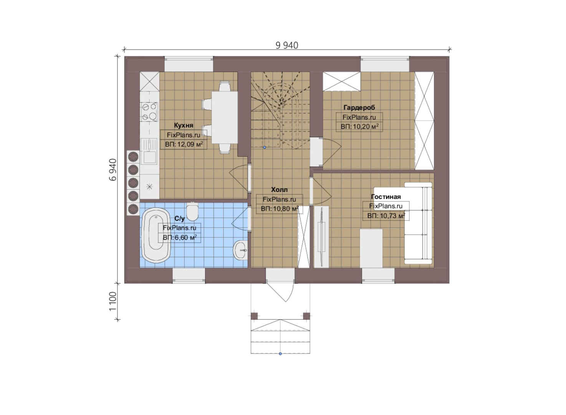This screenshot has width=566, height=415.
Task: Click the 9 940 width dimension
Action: click(x=287, y=45)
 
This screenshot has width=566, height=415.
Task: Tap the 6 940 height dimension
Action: click(x=113, y=170)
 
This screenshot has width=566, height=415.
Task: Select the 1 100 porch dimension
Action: click(x=113, y=301)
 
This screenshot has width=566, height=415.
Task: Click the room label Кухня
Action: click(x=184, y=125)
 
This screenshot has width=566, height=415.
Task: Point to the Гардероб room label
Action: click(x=359, y=108)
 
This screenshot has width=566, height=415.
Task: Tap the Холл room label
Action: click(x=279, y=190)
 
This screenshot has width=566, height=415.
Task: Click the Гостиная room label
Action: click(x=386, y=196)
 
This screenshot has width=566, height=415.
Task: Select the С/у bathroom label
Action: click(x=180, y=219)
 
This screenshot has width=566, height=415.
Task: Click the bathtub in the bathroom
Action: click(x=156, y=236)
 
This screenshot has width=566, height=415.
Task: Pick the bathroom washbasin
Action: click(x=240, y=250)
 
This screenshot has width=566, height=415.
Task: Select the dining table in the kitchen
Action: click(x=225, y=118)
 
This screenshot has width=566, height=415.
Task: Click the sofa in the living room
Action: click(x=418, y=223)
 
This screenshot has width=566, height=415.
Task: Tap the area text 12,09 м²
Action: click(x=184, y=144)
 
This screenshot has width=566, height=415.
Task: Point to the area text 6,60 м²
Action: click(x=180, y=238)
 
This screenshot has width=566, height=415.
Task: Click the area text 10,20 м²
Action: click(x=359, y=126)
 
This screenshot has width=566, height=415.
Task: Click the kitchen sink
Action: click(x=149, y=151)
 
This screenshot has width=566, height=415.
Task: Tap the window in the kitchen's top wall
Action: click(x=189, y=64)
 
